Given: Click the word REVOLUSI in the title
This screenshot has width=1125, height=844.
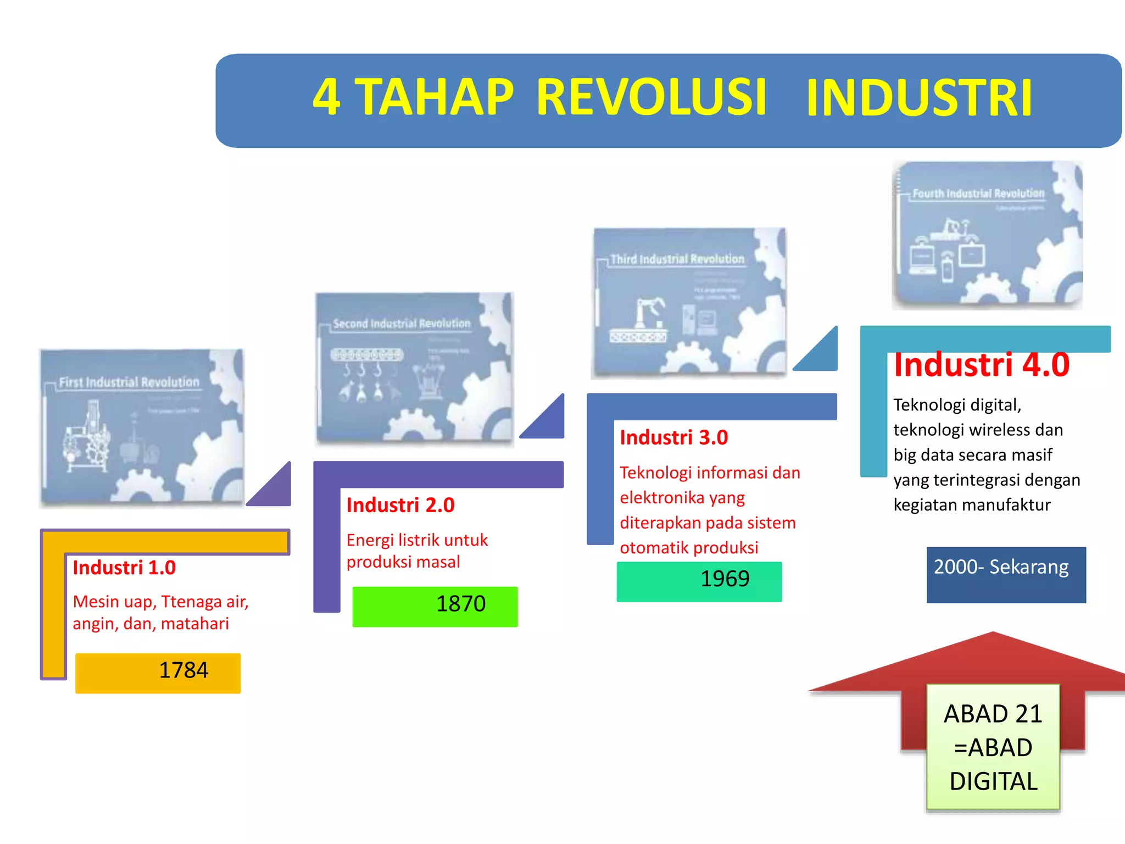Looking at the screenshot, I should point(651,97).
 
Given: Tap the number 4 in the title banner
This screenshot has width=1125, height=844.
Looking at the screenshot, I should point(326,97).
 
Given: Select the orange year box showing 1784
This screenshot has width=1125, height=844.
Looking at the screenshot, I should point(158,673).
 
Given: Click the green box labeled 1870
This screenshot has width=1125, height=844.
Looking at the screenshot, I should point(435,606).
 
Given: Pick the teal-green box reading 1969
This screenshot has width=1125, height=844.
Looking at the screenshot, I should point(699,581).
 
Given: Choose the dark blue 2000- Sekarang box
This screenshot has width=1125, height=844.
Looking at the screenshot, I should point(1006,574).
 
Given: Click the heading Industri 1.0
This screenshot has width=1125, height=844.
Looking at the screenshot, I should point(124,568).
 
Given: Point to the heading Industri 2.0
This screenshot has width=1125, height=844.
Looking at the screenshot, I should point(400,505).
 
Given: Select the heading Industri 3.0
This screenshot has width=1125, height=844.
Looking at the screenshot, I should point(674,437).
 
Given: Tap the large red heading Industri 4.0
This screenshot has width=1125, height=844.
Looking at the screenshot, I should point(982,365).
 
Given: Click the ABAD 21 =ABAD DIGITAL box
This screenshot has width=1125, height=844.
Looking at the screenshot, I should point(993,747).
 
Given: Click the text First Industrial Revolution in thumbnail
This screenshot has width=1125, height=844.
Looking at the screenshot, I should point(129,382).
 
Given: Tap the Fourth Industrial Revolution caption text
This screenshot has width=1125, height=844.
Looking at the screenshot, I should point(978,193).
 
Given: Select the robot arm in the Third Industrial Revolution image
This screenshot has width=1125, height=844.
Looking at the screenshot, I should point(648,313).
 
